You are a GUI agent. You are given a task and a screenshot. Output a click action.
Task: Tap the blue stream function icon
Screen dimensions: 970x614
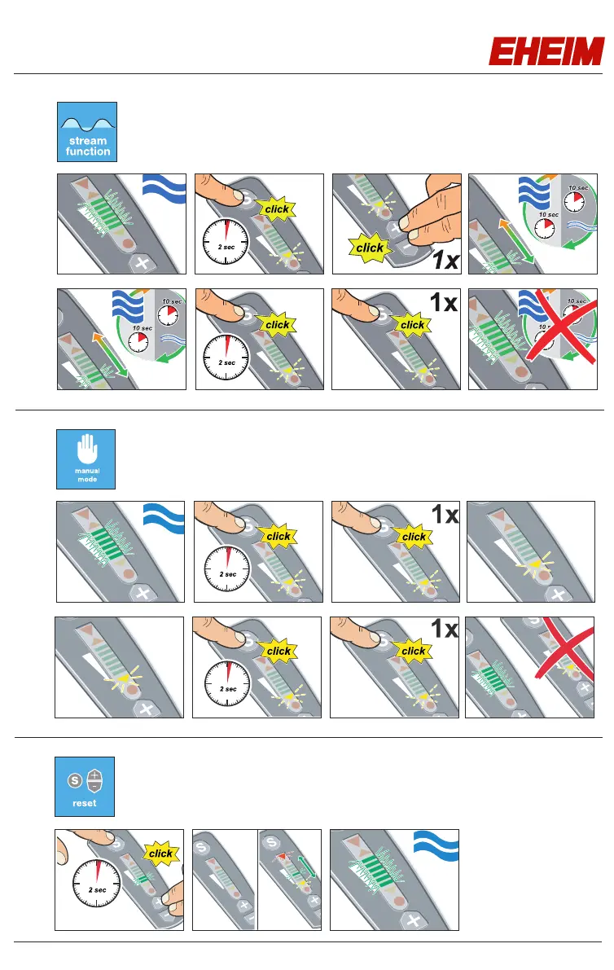click(x=87, y=131)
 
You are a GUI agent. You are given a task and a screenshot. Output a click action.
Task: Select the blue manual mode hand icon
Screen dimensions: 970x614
click(x=86, y=459)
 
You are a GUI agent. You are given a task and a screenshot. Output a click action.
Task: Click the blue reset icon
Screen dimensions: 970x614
click(x=85, y=786)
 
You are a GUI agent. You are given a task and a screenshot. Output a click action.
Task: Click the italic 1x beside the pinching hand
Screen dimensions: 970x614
click(x=445, y=261)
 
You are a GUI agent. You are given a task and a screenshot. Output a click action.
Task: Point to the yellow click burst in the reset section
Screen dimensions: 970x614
click(x=160, y=853)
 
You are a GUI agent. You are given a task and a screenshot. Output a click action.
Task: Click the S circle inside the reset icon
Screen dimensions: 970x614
click(x=72, y=779)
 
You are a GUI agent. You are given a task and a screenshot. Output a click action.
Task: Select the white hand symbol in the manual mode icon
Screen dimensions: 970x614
click(x=86, y=450)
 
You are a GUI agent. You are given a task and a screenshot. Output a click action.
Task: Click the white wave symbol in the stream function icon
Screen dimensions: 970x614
click(x=87, y=122)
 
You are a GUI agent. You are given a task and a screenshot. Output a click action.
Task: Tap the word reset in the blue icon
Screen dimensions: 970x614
click(x=85, y=803)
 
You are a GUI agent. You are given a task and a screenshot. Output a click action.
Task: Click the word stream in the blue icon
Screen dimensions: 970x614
click(x=87, y=141)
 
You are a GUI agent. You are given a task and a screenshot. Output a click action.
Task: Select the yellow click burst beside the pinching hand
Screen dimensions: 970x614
click(x=370, y=248)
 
